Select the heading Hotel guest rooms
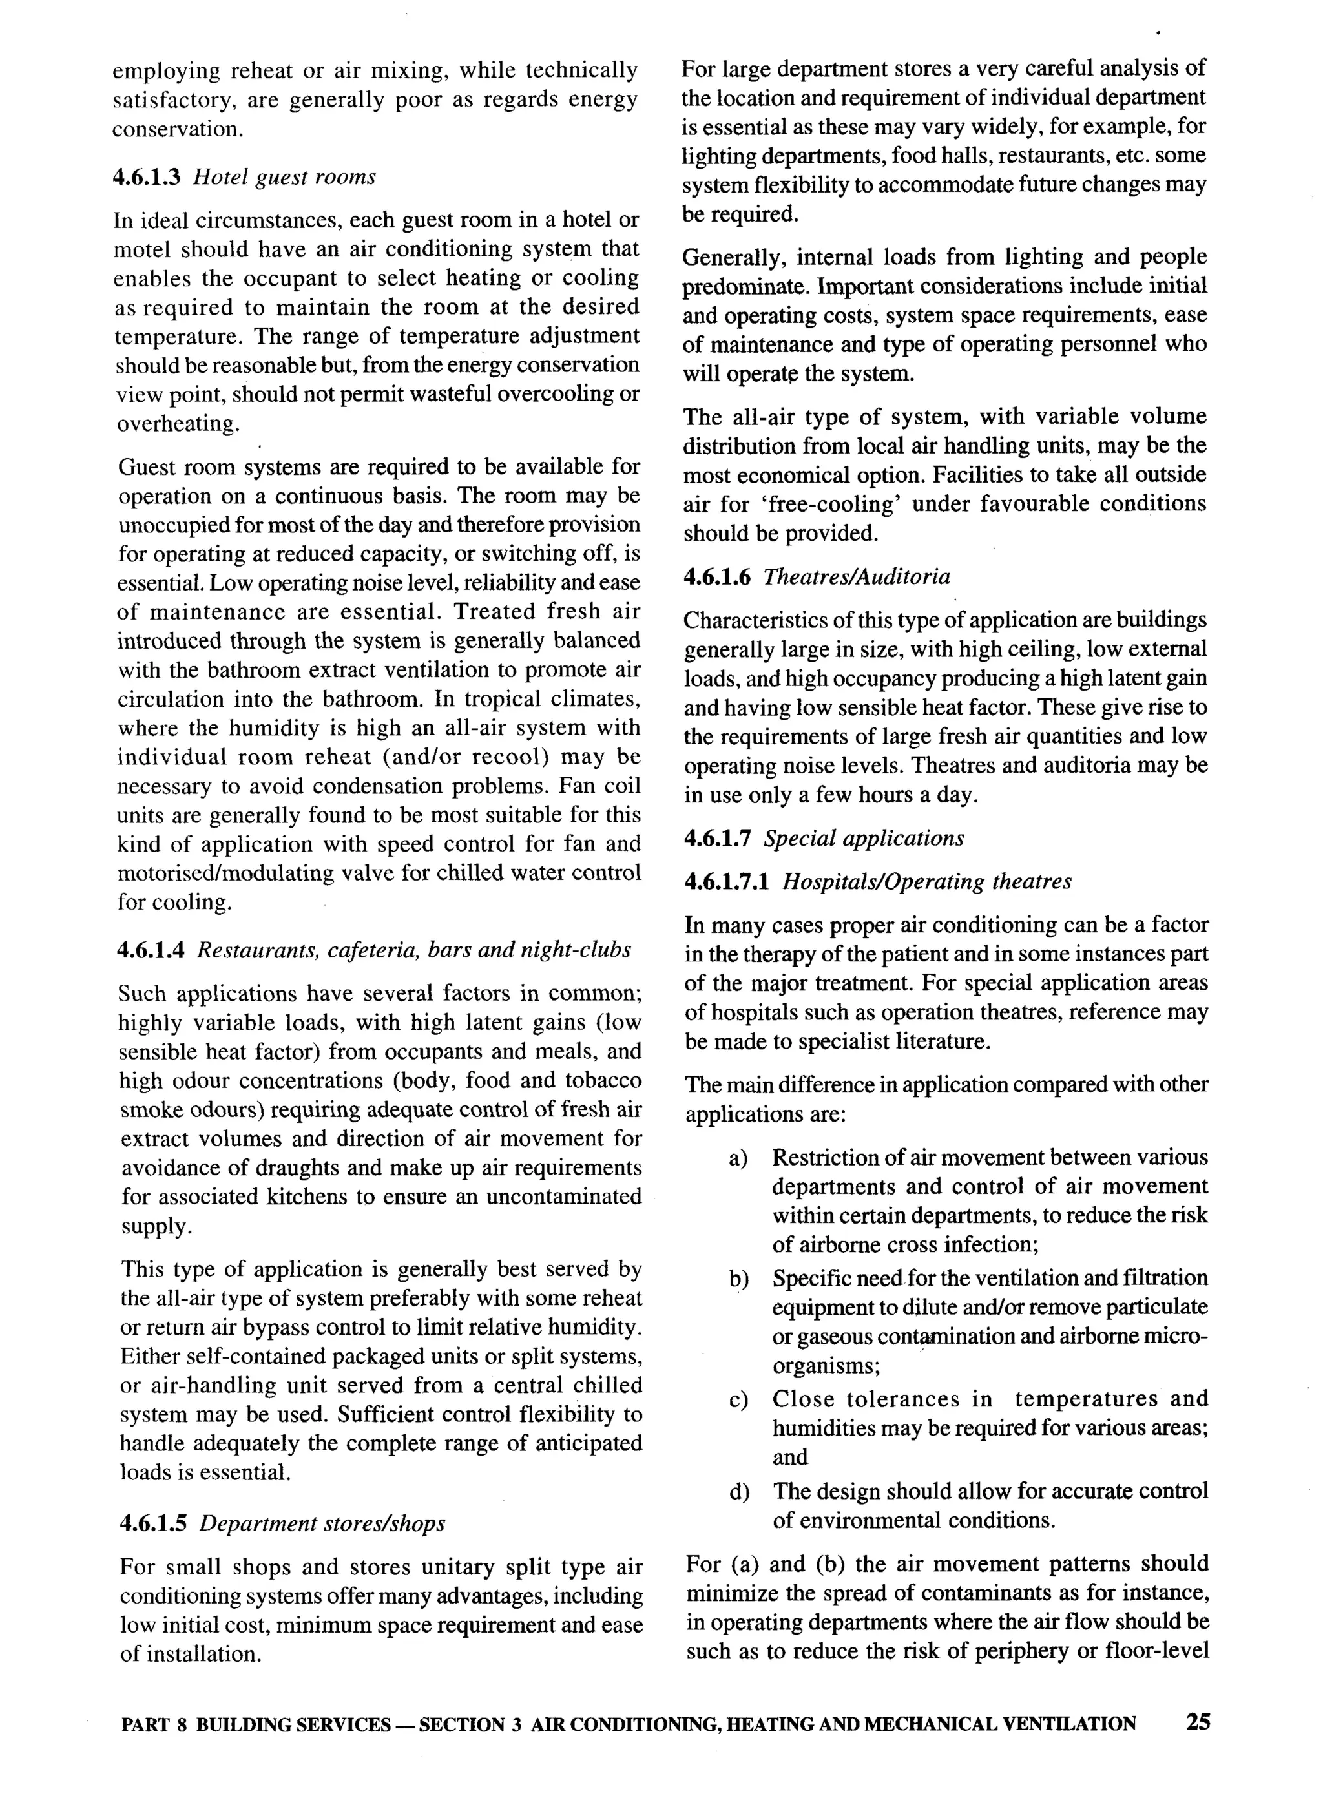pyautogui.click(x=284, y=176)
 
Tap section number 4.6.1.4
pyautogui.click(x=151, y=950)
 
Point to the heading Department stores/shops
pyautogui.click(x=322, y=1523)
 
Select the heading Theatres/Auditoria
pyautogui.click(x=857, y=577)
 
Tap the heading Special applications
pyautogui.click(x=864, y=839)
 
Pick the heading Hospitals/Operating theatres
pyautogui.click(x=926, y=882)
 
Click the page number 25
pyautogui.click(x=1198, y=1722)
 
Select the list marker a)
pyautogui.click(x=738, y=1158)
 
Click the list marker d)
pyautogui.click(x=738, y=1491)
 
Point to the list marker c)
pyautogui.click(x=738, y=1399)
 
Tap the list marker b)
pyautogui.click(x=738, y=1279)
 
